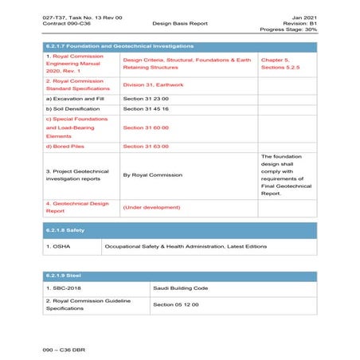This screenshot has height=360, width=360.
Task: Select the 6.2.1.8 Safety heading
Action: click(x=66, y=229)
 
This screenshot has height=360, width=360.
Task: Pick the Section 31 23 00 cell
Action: click(x=145, y=97)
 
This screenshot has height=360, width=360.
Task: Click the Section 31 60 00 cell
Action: click(x=145, y=127)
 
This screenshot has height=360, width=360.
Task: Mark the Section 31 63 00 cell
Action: click(x=145, y=146)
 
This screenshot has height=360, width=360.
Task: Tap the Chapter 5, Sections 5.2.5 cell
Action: click(x=285, y=64)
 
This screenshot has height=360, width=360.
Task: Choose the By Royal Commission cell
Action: click(x=152, y=174)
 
